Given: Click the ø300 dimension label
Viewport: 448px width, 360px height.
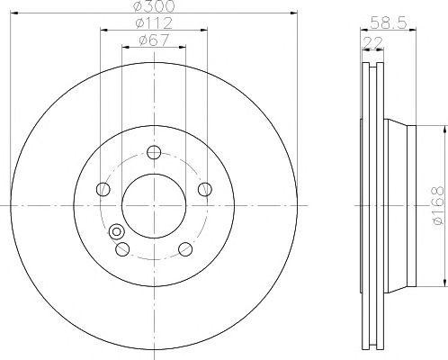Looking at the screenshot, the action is click(154, 6).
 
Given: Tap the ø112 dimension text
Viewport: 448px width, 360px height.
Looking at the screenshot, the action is click(154, 23).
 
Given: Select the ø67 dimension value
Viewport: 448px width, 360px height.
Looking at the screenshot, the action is click(154, 40).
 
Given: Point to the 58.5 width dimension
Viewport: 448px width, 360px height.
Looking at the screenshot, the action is click(389, 22).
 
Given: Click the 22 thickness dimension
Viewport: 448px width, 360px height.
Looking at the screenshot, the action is click(372, 42).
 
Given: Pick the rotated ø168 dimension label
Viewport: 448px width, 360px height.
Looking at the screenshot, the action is click(438, 205).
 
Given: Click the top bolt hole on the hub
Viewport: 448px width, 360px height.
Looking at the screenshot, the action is click(154, 152).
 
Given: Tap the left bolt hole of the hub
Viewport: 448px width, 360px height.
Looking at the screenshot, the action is click(103, 189).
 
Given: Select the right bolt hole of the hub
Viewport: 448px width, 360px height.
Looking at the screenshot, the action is click(205, 189).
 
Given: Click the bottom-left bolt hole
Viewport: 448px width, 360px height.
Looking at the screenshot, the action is click(122, 249).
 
